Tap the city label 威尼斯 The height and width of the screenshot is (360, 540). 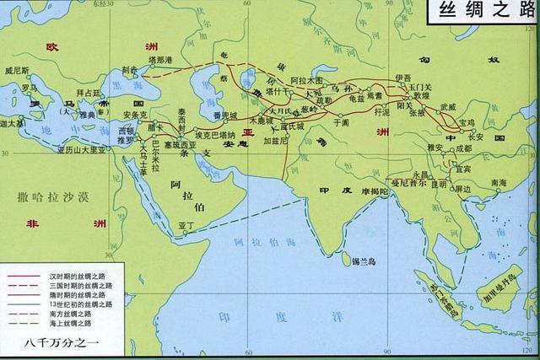point(18,72)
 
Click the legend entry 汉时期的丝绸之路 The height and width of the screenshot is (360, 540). point(73,277)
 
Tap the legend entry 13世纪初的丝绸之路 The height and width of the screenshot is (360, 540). point(73,304)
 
